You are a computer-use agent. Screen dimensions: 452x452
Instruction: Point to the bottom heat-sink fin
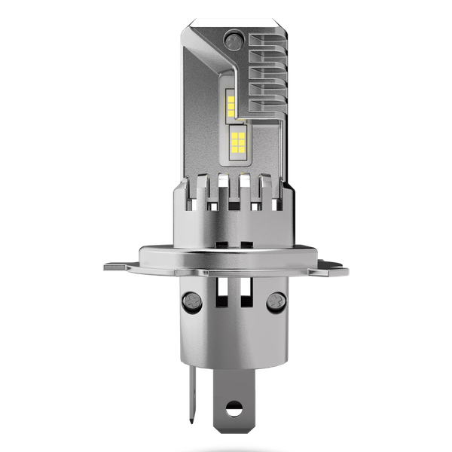click(267, 109)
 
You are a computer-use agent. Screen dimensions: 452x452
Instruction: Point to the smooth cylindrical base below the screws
click(226, 339)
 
